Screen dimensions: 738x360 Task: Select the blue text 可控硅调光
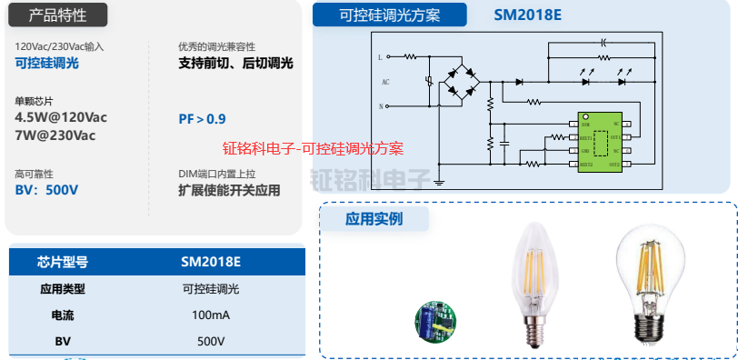tap(47, 63)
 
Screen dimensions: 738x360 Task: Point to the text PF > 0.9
tap(202, 119)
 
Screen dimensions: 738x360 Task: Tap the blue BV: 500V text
tap(46, 190)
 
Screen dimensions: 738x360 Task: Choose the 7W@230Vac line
tap(55, 135)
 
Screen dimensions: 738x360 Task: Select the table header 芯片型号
tap(63, 263)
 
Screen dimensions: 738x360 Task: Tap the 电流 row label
tap(63, 315)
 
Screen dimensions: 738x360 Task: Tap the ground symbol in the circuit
tap(438, 181)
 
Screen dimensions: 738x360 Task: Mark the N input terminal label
tap(381, 106)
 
